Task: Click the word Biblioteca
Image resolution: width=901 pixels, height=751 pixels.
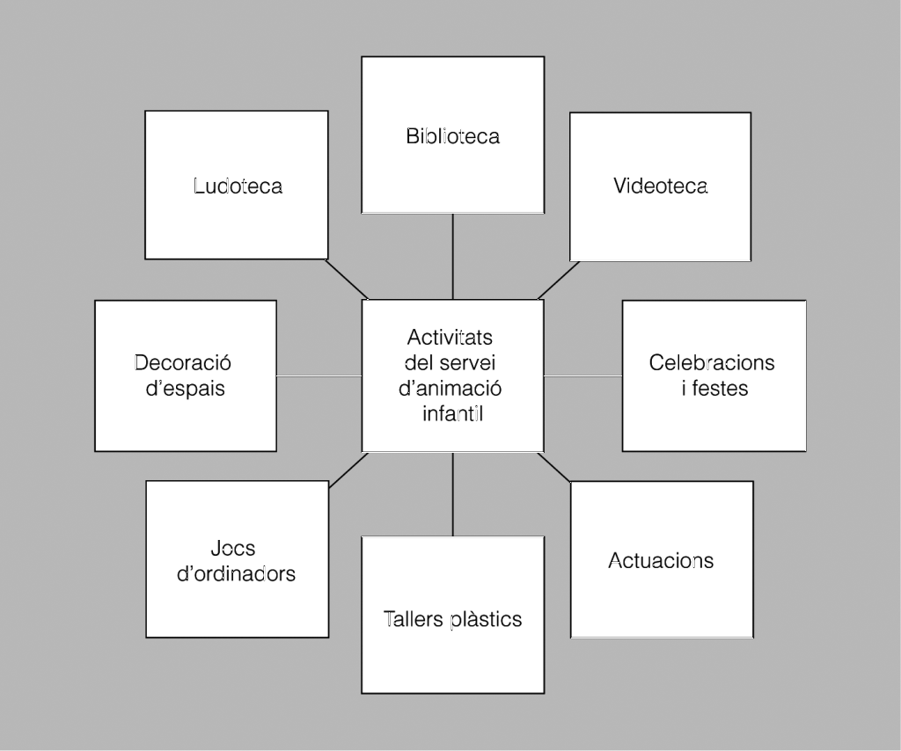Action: tap(452, 136)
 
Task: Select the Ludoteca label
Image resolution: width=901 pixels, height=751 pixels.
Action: tap(238, 186)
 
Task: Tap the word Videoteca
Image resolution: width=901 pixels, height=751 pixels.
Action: tap(660, 186)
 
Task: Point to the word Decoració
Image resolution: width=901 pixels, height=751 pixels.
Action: tap(182, 362)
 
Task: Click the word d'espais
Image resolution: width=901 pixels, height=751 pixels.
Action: tap(185, 388)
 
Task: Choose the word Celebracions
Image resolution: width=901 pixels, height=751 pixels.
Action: tap(712, 362)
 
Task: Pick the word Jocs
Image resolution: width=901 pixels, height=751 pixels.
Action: tap(233, 549)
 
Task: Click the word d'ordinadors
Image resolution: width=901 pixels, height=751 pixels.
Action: tap(236, 574)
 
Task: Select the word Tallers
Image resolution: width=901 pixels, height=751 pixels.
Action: tap(414, 619)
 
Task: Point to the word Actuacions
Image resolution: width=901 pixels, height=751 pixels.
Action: tap(661, 560)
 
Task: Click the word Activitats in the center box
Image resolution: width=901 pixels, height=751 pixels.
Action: tap(450, 338)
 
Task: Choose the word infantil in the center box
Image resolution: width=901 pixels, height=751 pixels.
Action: tap(452, 412)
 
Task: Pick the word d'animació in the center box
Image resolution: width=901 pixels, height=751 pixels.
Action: tap(450, 388)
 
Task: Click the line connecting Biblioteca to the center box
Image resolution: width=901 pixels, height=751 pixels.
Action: tap(452, 256)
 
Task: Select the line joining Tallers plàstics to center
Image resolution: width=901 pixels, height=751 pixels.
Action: tap(452, 494)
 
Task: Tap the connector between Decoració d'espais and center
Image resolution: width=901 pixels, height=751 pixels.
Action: tap(319, 375)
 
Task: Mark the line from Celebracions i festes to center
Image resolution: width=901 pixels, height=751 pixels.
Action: tap(582, 375)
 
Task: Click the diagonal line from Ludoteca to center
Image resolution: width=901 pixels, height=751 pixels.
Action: tap(347, 279)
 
